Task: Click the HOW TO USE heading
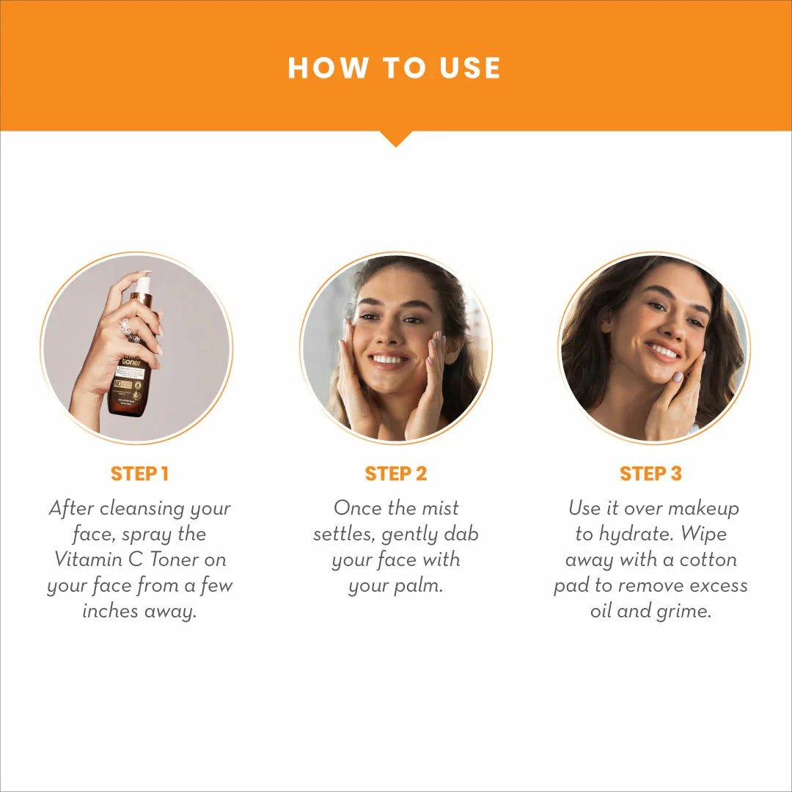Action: click(x=395, y=68)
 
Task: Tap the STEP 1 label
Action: click(x=139, y=474)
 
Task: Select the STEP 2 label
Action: click(x=395, y=474)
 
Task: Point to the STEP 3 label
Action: click(x=650, y=474)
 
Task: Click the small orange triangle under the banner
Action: click(x=395, y=138)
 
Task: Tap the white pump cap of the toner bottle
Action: click(x=143, y=285)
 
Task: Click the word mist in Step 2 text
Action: click(x=439, y=508)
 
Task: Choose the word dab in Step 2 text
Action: click(x=461, y=534)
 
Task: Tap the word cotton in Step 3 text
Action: click(x=706, y=560)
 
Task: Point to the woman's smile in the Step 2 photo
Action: click(x=389, y=360)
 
